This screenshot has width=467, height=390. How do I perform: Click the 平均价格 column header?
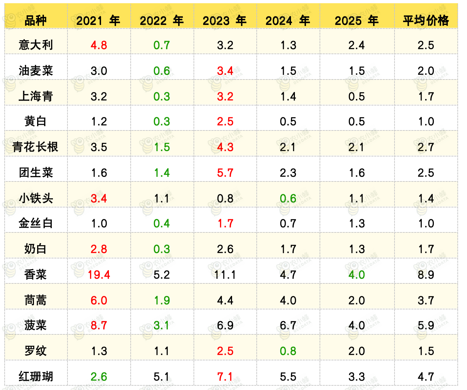[426, 21]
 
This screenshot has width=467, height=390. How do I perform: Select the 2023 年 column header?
[225, 21]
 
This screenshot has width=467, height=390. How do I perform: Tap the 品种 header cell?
[36, 21]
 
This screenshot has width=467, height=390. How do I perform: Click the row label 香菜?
[36, 274]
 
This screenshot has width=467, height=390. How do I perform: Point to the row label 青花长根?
[36, 147]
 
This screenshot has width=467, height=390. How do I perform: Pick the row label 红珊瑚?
[36, 376]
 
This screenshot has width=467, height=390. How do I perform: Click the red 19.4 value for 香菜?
[99, 274]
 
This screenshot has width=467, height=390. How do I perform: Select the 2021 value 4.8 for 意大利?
[99, 45]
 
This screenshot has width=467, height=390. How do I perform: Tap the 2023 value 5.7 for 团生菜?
[225, 173]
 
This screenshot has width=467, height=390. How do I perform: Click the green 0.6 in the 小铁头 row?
[288, 198]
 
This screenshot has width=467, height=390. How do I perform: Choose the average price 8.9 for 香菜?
[426, 274]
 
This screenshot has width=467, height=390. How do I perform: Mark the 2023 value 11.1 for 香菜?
[225, 274]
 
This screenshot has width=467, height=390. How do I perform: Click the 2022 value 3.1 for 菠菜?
[162, 325]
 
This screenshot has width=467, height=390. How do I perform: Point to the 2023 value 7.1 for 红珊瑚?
[225, 376]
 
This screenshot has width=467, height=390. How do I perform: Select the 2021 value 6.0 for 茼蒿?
[99, 300]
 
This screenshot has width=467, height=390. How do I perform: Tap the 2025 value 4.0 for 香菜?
[357, 274]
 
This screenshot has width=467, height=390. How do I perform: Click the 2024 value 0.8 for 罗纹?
[288, 351]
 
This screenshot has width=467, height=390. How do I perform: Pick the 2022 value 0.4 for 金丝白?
[162, 224]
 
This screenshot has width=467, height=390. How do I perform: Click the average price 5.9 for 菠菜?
[426, 325]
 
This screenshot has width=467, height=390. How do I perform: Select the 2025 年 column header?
[357, 21]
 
